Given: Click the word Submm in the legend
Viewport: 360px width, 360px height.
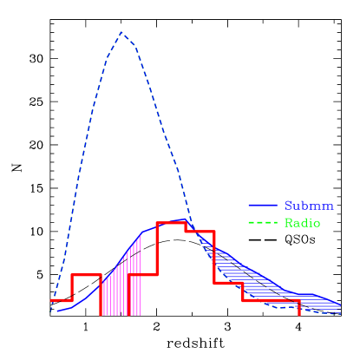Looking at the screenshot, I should coord(309,206).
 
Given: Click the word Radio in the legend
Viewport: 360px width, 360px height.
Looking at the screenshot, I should coord(302,223).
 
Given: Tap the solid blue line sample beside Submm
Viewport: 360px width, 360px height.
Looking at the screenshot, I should coord(263,206).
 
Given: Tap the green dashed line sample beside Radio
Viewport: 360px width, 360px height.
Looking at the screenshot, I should coord(263,223).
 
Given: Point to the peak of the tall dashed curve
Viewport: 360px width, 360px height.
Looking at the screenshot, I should coord(121,32).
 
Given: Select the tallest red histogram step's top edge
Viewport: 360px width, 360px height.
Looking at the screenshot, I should coord(171,223).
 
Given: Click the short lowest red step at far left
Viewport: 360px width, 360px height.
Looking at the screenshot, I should coord(61,300).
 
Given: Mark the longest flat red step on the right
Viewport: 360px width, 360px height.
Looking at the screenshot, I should coord(271,300).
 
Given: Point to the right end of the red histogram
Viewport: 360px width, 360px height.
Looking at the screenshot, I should coord(299,312).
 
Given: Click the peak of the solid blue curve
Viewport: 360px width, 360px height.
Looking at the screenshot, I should coord(180,219).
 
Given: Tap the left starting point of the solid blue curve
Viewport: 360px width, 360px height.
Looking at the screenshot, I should coord(54,311).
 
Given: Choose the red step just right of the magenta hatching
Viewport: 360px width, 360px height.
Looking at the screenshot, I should coord(142,274).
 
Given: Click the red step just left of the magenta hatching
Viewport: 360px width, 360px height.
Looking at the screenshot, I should coord(86,274).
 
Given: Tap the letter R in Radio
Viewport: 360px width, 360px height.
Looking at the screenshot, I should coord(288,223).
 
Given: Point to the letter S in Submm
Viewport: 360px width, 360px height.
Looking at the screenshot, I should coord(288,206).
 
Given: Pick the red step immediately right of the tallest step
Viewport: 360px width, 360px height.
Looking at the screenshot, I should coord(200,232).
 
